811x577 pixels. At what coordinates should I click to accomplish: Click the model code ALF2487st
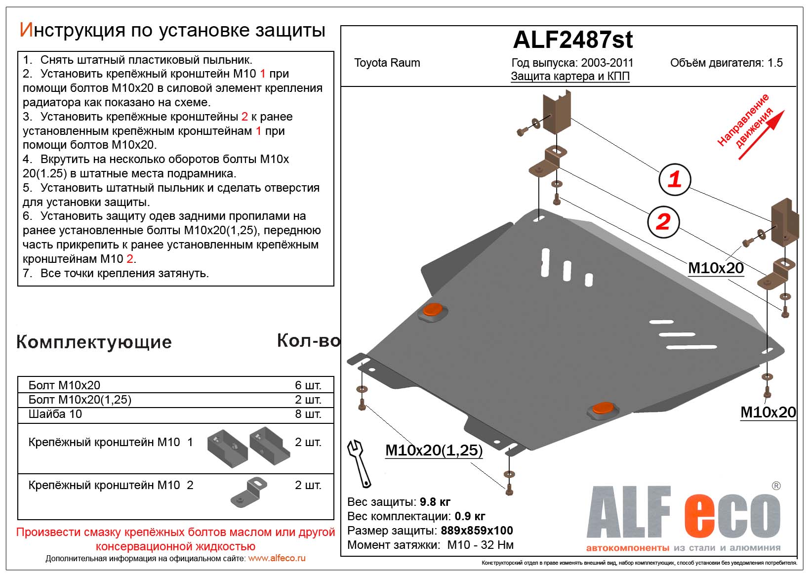(573, 40)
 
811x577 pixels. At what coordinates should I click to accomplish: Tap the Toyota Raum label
(387, 63)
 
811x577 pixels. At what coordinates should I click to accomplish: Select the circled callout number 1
(675, 179)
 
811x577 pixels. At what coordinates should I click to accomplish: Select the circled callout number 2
(663, 221)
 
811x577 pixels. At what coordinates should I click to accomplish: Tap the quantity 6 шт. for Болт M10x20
(308, 385)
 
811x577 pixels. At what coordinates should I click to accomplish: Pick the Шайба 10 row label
(55, 414)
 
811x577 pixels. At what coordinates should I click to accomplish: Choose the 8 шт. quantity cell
(308, 414)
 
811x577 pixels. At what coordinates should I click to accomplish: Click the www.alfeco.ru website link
(277, 558)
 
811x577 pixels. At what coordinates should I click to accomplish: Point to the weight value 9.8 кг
(435, 502)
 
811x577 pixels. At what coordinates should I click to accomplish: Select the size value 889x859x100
(477, 531)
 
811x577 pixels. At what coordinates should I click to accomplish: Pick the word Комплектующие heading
(94, 342)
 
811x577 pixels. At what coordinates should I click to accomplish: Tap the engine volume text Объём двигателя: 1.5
(726, 63)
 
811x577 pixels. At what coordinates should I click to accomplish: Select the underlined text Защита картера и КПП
(570, 77)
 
